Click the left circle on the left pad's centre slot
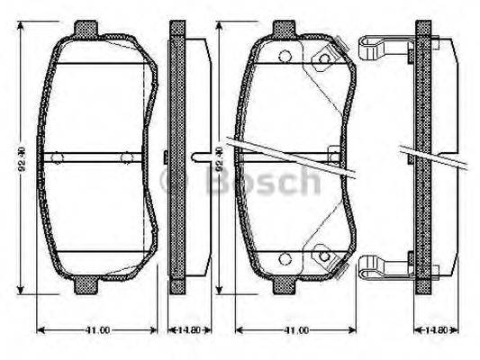coord(57,157)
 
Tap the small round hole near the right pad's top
coord(285,58)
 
